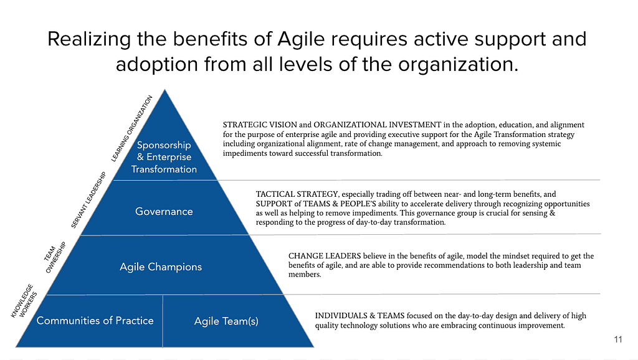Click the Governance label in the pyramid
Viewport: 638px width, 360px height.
tap(164, 212)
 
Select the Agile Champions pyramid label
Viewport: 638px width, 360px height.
tap(161, 267)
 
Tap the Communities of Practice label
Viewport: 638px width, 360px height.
tap(95, 321)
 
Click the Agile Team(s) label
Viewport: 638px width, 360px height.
tap(226, 321)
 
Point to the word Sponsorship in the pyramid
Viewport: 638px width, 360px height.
tap(164, 145)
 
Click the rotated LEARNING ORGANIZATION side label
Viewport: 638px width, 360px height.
tap(132, 128)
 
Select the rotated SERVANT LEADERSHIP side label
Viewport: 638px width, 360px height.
tap(88, 200)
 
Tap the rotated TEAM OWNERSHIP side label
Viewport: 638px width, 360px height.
tap(55, 257)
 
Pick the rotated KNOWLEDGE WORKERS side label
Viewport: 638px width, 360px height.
tap(24, 301)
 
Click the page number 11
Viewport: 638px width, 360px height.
tap(618, 339)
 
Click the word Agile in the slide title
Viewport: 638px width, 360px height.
tap(301, 40)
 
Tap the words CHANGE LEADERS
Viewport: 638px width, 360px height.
tap(325, 256)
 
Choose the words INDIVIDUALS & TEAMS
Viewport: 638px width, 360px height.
tap(359, 316)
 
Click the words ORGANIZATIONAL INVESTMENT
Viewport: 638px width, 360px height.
tap(377, 125)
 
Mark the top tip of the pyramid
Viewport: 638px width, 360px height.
tap(164, 90)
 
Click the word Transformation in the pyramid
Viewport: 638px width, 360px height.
tap(164, 169)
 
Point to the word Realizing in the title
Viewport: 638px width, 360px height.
tap(89, 40)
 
